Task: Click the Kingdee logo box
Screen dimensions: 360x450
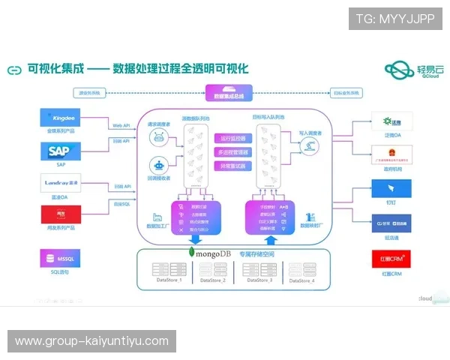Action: [x=65, y=118]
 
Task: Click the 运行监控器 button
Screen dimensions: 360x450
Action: [x=233, y=139]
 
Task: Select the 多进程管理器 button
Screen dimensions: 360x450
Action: [x=233, y=152]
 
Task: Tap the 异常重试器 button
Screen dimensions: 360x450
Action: [x=233, y=166]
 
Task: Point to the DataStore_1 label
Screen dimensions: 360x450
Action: [x=169, y=280]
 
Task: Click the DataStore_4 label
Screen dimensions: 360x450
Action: [x=302, y=280]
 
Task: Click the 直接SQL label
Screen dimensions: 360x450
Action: [x=122, y=203]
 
